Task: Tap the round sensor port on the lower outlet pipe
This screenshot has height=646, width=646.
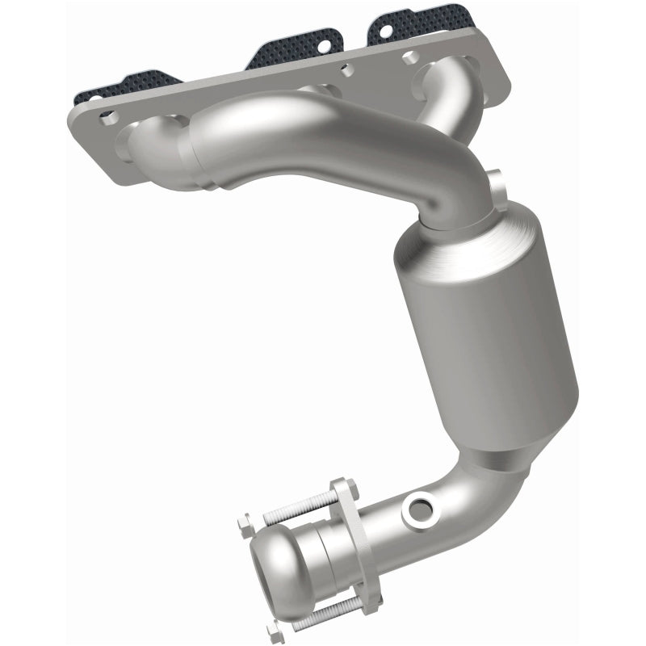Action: click(x=419, y=509)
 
